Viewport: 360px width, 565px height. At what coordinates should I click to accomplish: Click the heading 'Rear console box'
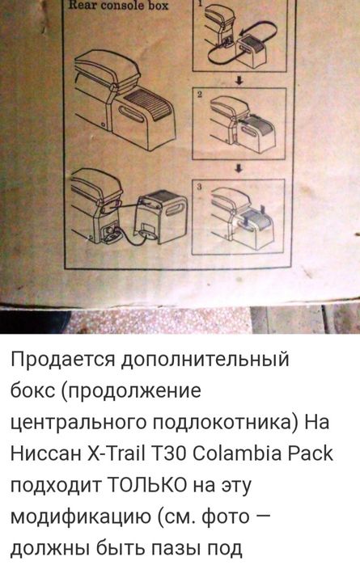pos(119,6)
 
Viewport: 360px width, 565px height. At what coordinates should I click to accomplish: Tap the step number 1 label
pos(201,3)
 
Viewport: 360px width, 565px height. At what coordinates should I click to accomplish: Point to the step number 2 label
pos(200,95)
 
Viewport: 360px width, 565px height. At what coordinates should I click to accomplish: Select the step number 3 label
pos(200,187)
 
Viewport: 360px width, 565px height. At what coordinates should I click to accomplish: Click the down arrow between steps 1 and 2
pos(239,80)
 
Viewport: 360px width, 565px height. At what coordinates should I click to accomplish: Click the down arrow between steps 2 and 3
pos(239,168)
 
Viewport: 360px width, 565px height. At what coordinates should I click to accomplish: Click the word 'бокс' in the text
pos(33,390)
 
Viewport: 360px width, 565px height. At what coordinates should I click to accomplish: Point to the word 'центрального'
pos(78,423)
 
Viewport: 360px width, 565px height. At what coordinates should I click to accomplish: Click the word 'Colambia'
pos(237,453)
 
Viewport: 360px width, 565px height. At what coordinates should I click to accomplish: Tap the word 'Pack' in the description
pos(310,453)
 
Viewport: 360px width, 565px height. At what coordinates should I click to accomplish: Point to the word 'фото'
pos(226,517)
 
